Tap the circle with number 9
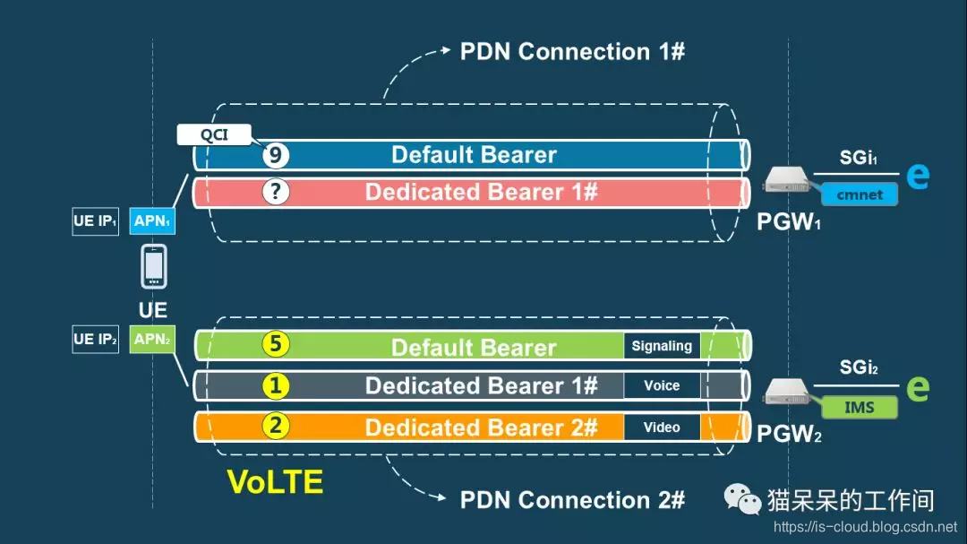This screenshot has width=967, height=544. click(x=276, y=155)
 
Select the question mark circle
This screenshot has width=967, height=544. click(x=276, y=192)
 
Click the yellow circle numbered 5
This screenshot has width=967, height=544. click(x=276, y=345)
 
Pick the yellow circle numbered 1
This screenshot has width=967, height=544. click(x=276, y=385)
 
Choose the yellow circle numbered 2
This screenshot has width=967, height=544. click(x=276, y=426)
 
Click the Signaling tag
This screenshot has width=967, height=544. click(x=662, y=346)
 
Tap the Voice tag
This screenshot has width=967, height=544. click(x=662, y=385)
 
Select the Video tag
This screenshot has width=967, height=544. click(x=662, y=427)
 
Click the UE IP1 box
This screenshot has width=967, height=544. click(x=96, y=220)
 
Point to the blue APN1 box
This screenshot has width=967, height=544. click(x=152, y=220)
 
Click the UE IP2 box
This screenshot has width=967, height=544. click(x=96, y=339)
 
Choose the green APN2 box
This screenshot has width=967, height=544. click(x=152, y=339)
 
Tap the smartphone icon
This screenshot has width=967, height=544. click(x=153, y=267)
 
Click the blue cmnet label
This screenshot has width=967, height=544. click(x=860, y=194)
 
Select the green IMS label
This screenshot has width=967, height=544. click(x=859, y=408)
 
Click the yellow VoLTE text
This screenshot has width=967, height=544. click(x=275, y=482)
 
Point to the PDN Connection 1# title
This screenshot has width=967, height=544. click(x=572, y=51)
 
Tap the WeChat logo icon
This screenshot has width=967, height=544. click(x=743, y=499)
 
